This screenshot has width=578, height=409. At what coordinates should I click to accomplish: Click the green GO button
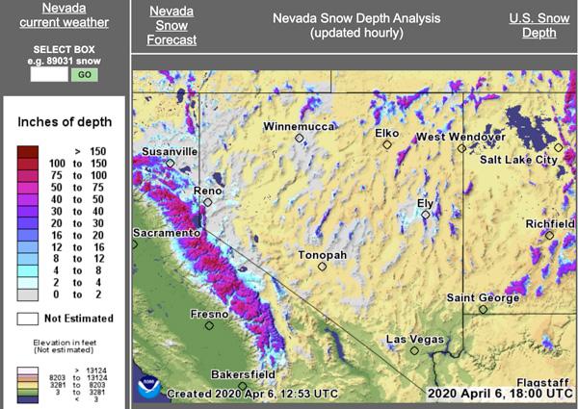[85, 74]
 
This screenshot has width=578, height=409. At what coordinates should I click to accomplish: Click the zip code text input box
[49, 74]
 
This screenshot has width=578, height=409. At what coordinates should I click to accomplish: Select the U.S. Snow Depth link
[539, 25]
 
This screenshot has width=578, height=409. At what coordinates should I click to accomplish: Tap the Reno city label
[208, 191]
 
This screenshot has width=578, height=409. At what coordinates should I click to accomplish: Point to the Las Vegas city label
[414, 340]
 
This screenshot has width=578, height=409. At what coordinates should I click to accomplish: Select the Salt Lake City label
[518, 160]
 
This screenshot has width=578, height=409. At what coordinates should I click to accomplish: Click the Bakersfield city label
[244, 374]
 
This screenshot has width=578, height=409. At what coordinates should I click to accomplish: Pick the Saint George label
[482, 297]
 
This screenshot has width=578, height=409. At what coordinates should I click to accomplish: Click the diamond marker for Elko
[386, 145]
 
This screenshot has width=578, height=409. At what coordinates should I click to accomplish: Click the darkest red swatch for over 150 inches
[28, 151]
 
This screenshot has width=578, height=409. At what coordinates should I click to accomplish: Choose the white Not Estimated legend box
[28, 318]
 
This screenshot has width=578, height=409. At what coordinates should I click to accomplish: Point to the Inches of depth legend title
[65, 122]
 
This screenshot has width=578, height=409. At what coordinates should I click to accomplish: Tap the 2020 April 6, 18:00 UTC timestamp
[500, 393]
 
